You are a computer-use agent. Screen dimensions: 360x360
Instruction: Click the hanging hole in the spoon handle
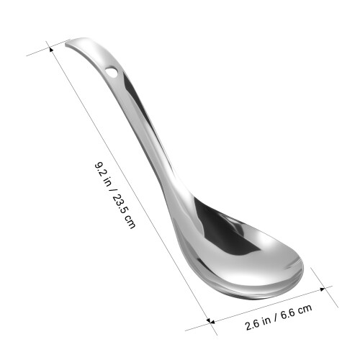point(112,71)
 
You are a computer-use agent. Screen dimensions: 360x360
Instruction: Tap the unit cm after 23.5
point(130,221)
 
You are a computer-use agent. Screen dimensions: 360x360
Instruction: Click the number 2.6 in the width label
point(252,325)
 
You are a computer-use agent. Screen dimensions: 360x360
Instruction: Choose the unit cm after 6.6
point(305,309)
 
